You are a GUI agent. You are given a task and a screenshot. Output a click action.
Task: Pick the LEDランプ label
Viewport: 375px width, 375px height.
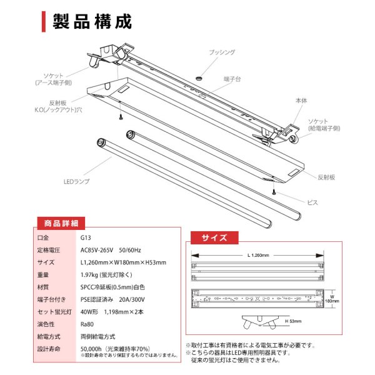tap(77, 181)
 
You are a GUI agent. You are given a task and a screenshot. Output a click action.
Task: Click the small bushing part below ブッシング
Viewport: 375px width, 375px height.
tap(199, 77)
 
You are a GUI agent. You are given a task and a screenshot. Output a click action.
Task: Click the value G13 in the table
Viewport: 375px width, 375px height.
tap(86, 237)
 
